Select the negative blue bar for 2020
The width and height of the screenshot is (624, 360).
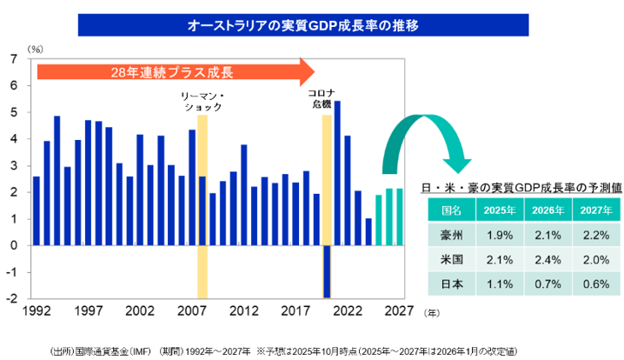pos(327,270)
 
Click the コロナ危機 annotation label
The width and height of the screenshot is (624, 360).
pos(321,97)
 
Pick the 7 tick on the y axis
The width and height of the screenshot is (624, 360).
pos(13,59)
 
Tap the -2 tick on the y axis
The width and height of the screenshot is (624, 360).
pos(11,298)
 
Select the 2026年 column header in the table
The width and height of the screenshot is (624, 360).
pos(548,210)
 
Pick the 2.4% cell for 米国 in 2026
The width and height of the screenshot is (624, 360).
pos(548,260)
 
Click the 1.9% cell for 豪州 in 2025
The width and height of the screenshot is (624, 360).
pos(500,235)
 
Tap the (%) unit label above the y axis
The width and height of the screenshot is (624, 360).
pos(36,49)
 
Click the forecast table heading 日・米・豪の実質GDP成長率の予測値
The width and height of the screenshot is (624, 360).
pos(520,187)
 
